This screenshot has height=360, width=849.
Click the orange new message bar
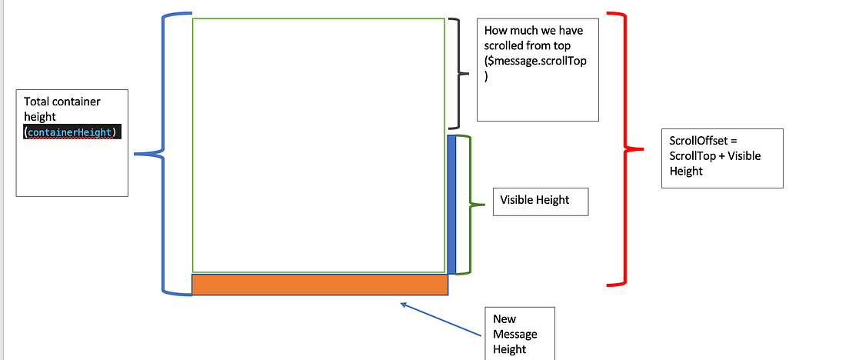(x=319, y=285)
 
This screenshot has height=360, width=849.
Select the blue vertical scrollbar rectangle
(x=451, y=204)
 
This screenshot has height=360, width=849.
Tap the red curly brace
(x=624, y=148)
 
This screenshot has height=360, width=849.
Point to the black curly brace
(x=460, y=73)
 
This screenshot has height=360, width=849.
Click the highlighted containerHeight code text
(x=72, y=132)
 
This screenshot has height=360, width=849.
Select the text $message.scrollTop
(x=535, y=61)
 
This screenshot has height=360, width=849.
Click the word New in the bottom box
(x=504, y=319)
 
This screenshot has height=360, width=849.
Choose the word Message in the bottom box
(x=515, y=334)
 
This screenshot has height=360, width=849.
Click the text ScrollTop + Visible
(x=715, y=156)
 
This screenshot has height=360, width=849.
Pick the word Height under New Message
(x=510, y=349)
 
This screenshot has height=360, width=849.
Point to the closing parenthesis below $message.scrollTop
(x=487, y=76)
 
